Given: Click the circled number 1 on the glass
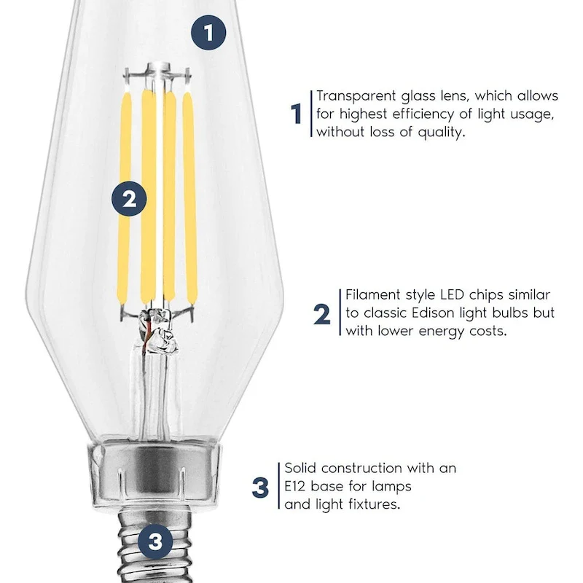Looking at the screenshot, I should (x=208, y=32).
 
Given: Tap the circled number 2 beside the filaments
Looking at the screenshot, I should (x=129, y=199).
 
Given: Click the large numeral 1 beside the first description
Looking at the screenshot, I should (x=297, y=114).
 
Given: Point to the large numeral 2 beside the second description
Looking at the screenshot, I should (x=322, y=314).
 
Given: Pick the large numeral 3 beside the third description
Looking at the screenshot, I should (x=260, y=488).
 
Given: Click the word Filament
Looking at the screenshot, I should (x=372, y=295).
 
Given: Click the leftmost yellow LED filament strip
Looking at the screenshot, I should (x=125, y=197).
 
